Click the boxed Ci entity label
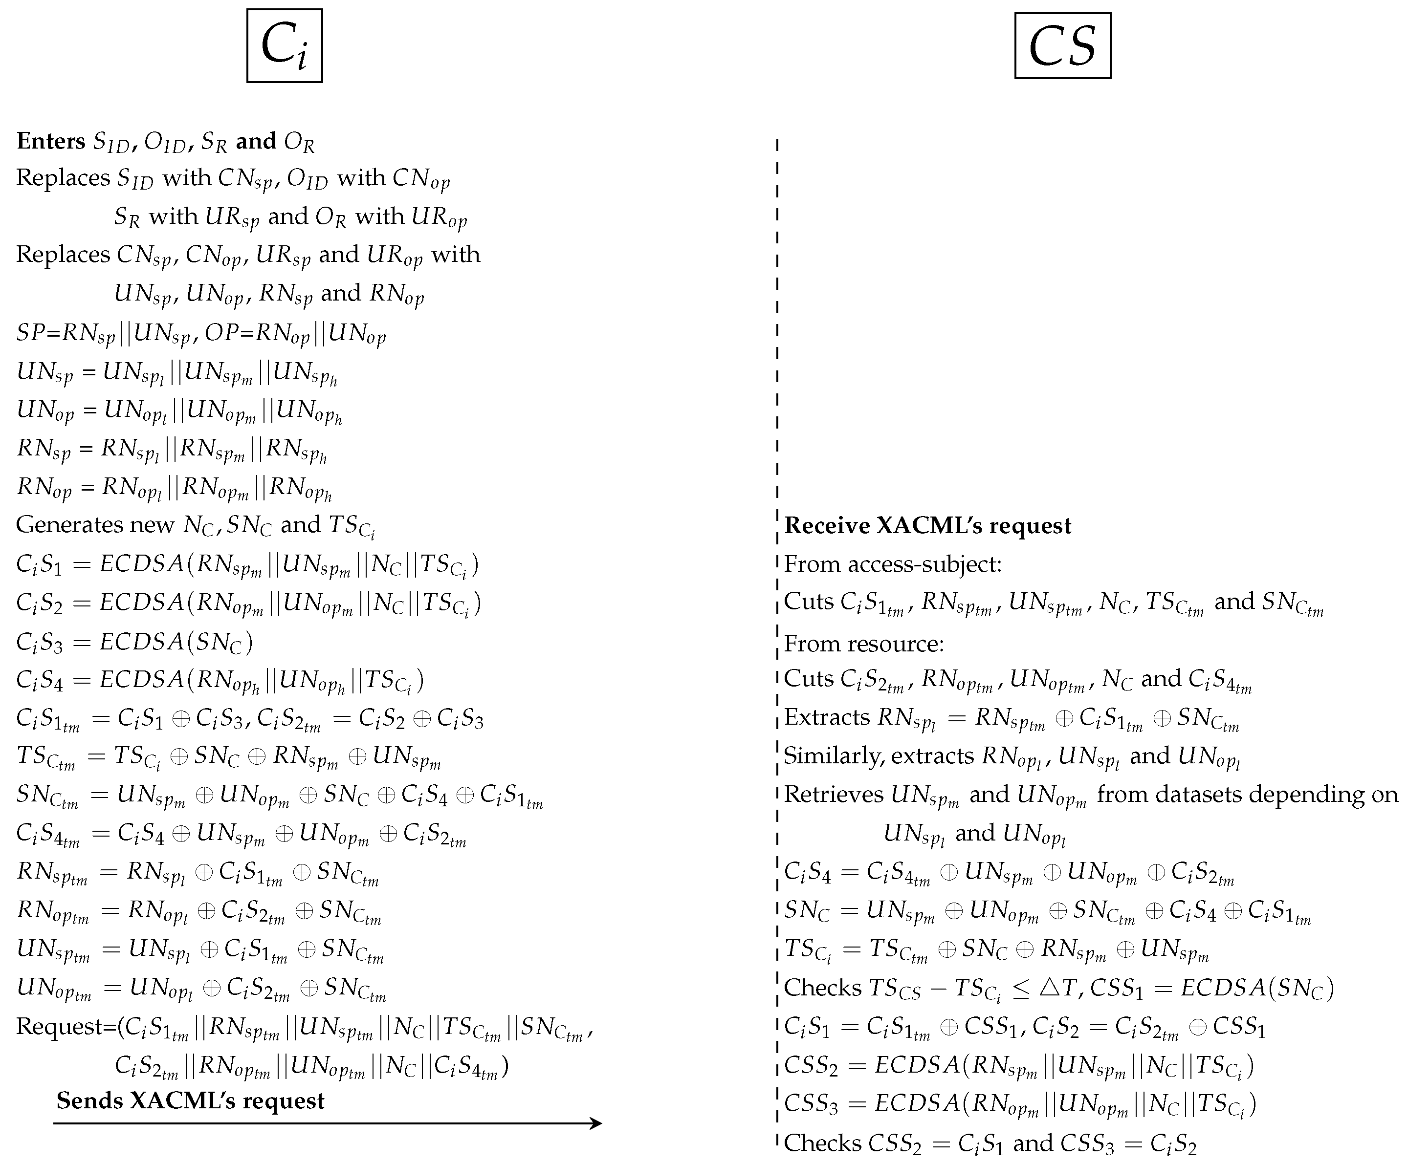coord(284,45)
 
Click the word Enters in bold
coord(51,141)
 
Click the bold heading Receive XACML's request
coord(927,526)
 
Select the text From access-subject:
coord(892,564)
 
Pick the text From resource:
coord(863,643)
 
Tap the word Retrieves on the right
coord(834,795)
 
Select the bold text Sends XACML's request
coord(190,1101)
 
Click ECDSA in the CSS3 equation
coord(917,1104)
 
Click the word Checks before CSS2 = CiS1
coord(822,1143)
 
